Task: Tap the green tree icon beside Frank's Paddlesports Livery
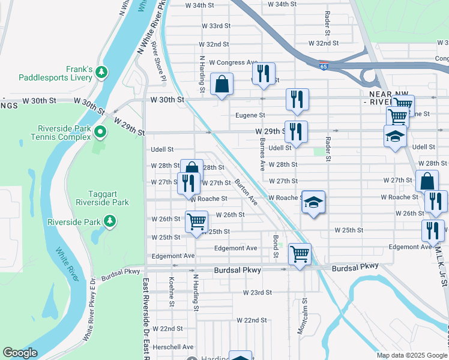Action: point(102,73)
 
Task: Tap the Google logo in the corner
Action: point(20,353)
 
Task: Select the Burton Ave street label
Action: point(246,191)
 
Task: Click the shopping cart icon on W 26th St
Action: point(196,222)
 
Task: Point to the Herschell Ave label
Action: point(172,347)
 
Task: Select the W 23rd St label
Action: point(258,292)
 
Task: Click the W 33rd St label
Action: point(216,26)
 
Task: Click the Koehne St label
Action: point(171,292)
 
